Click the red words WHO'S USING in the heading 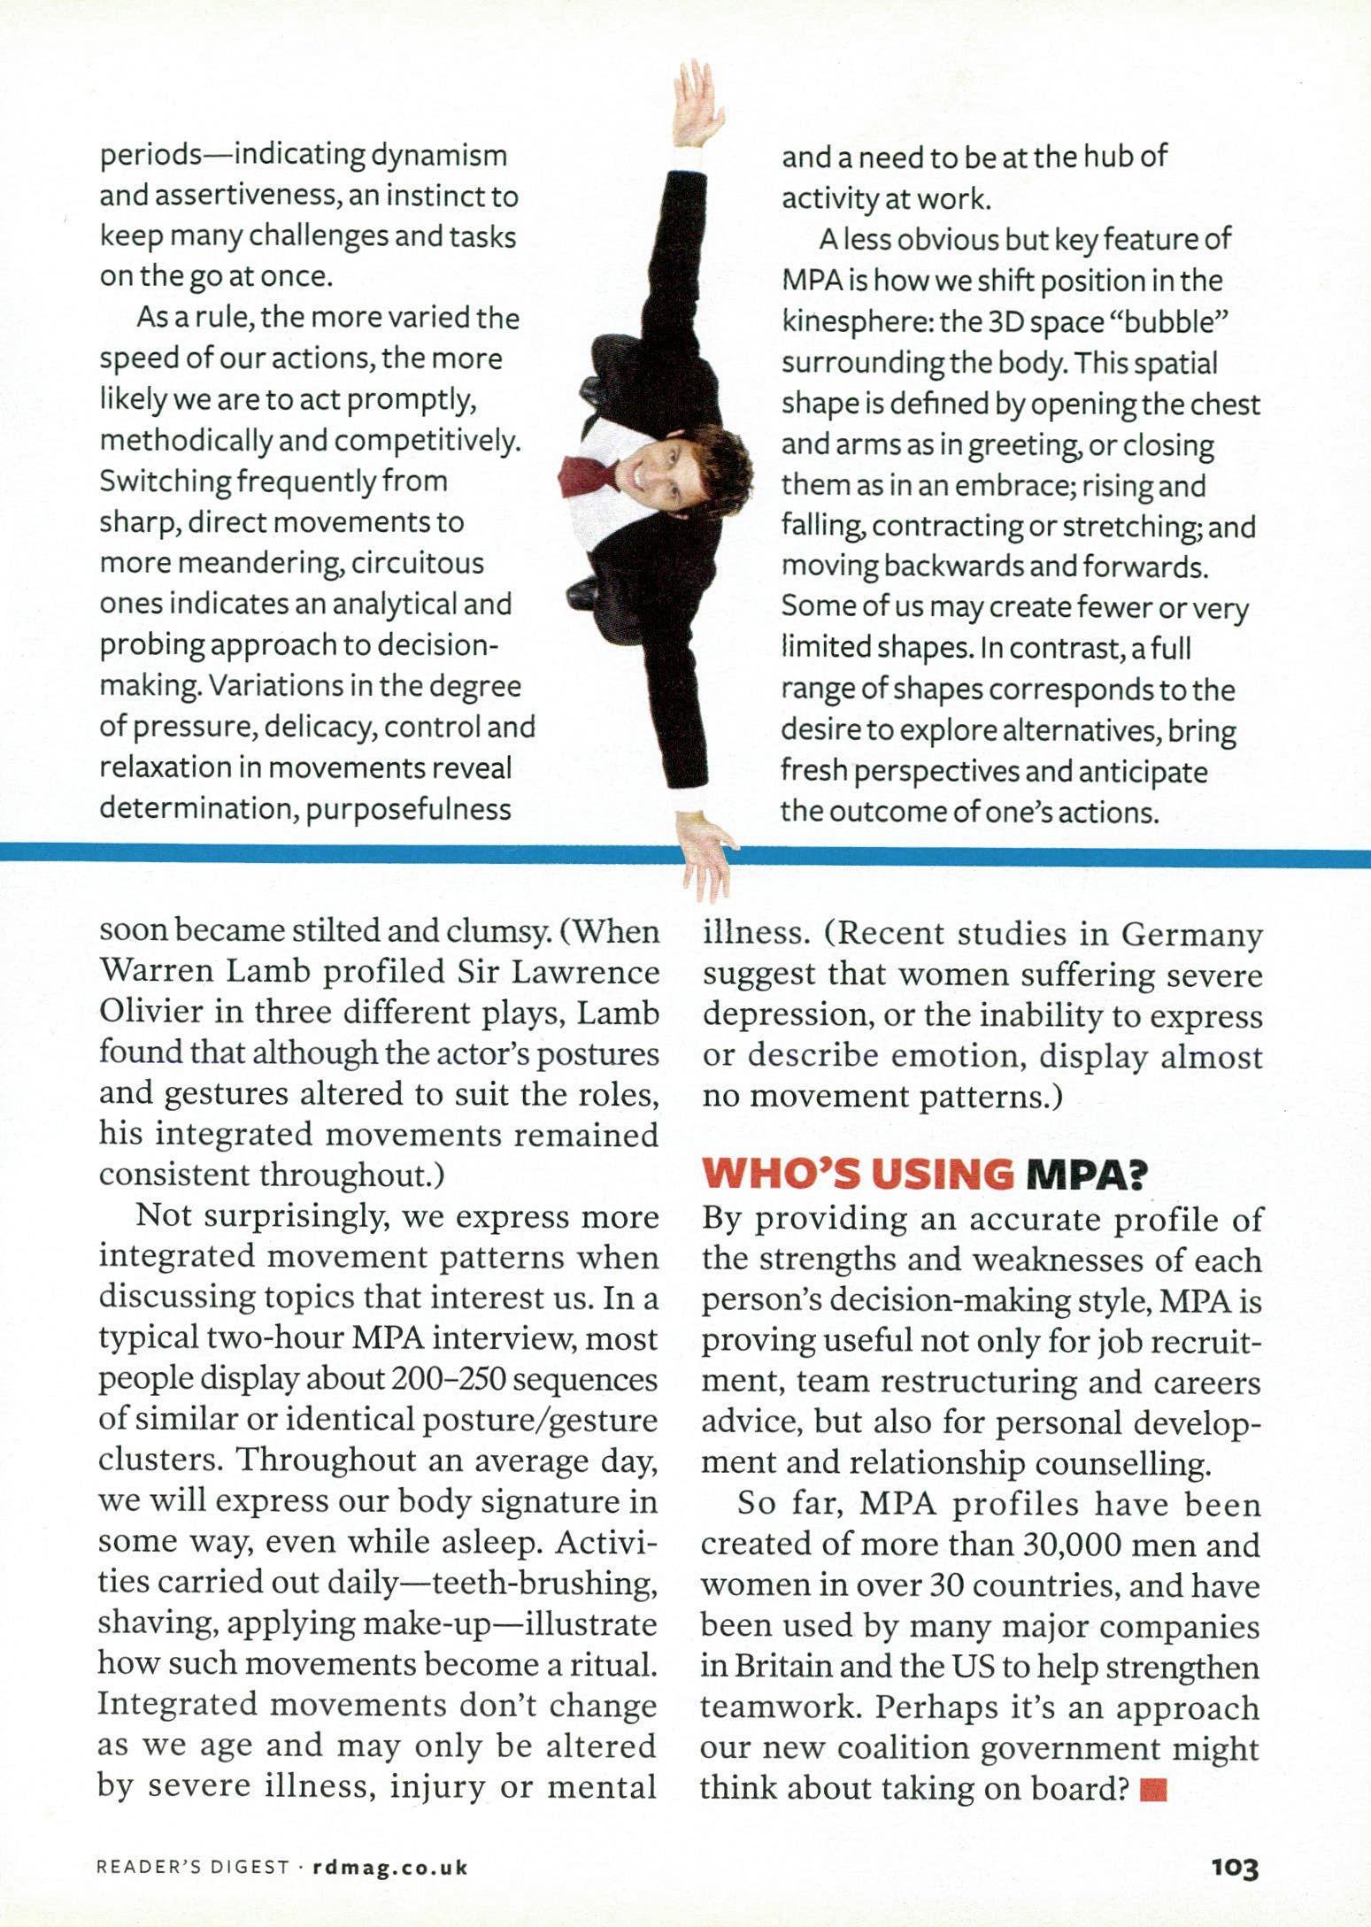point(856,1175)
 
